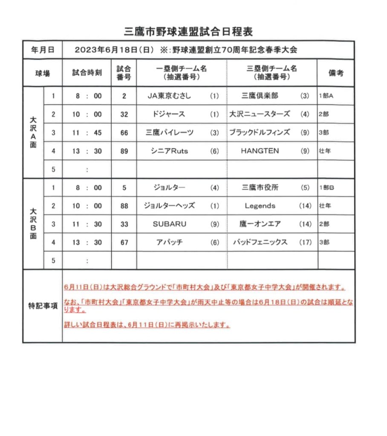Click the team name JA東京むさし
coord(169,96)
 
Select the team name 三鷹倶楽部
coord(260,96)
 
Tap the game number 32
coord(124,115)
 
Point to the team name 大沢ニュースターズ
coord(260,115)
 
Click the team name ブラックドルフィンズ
coord(260,133)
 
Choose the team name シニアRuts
coord(169,151)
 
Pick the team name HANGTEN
coord(260,151)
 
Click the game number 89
coord(124,151)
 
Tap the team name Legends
coord(260,206)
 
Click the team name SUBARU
coord(170,224)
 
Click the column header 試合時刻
coord(87,73)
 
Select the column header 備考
coord(335,73)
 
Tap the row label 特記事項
coord(43,307)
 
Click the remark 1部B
coord(326,188)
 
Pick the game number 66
coord(124,133)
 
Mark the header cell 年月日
coord(43,50)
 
